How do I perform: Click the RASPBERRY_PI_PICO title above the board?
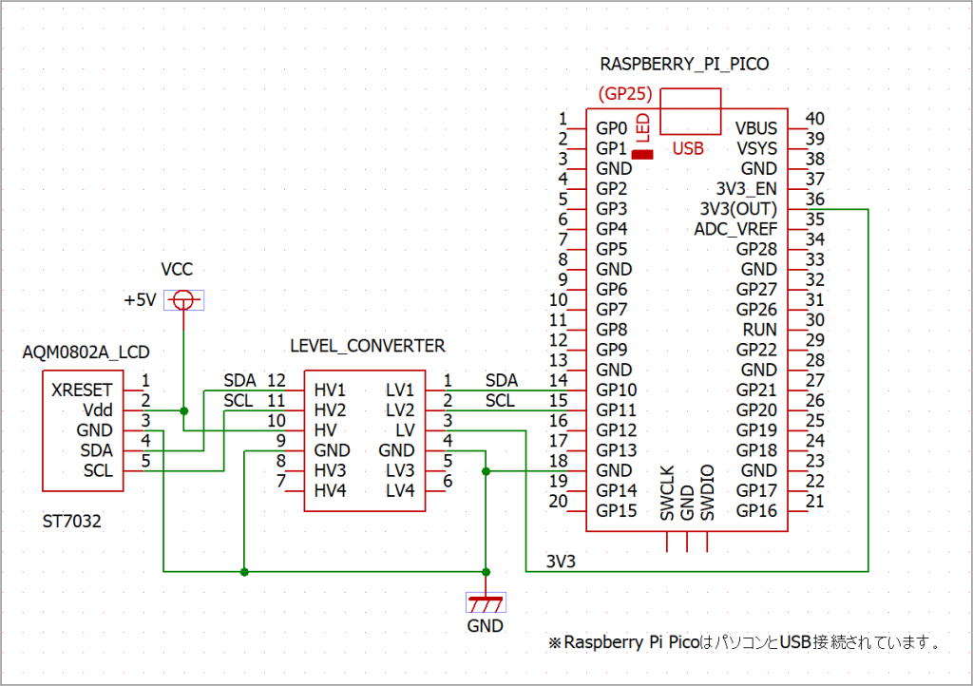[684, 65]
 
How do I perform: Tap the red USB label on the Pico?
[688, 148]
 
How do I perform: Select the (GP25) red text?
[624, 95]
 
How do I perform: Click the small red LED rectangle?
[643, 154]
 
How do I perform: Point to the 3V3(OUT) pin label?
[737, 209]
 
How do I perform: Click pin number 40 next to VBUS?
[814, 119]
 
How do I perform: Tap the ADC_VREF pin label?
[735, 229]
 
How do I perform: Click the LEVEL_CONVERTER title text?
[368, 345]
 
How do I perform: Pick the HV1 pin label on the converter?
[330, 391]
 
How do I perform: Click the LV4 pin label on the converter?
[400, 490]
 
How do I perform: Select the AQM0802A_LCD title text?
[86, 353]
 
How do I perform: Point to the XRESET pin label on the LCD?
[82, 390]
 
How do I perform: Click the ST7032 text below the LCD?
[71, 522]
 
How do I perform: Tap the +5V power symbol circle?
[184, 300]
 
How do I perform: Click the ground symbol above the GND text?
[486, 603]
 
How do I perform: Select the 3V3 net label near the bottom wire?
[561, 562]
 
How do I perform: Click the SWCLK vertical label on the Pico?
[667, 493]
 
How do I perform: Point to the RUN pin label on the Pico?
[759, 330]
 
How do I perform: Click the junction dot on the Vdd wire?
[184, 410]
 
